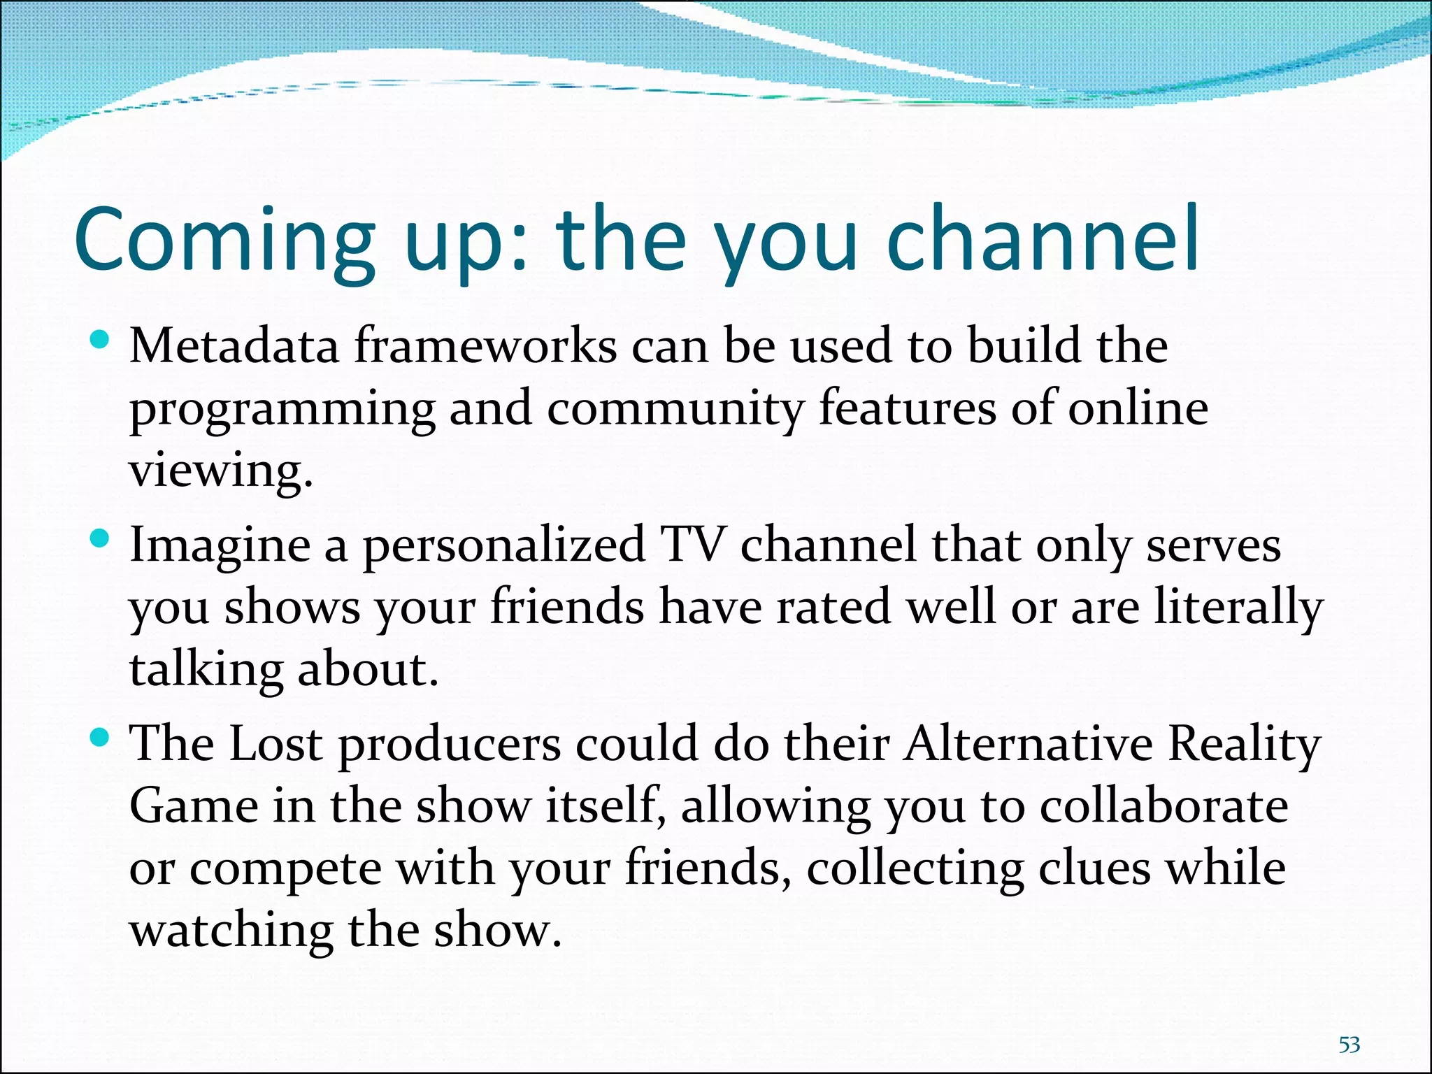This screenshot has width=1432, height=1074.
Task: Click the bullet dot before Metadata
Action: pos(101,341)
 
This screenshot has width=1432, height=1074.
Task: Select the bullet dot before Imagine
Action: pos(101,539)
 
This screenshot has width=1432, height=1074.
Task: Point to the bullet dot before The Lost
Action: pos(101,737)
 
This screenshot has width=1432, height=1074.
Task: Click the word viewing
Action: pos(220,471)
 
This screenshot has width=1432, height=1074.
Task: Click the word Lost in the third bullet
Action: pos(275,743)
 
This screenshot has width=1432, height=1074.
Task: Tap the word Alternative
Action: pos(1028,743)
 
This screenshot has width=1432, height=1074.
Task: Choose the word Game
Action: pos(194,806)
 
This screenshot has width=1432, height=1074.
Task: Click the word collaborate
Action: pos(1163,806)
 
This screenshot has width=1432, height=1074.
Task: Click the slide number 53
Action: pos(1349,1045)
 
